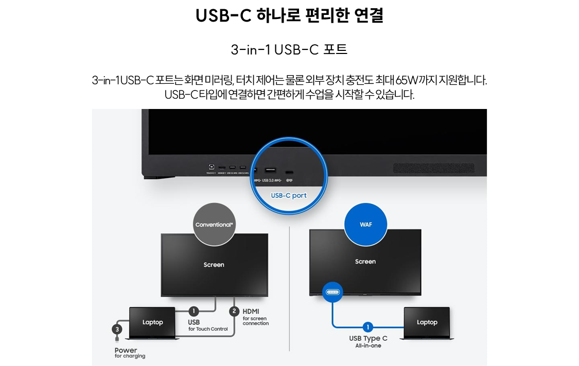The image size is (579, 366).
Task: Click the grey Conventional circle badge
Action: coord(214,225)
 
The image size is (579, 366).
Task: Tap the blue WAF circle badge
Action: coord(365,225)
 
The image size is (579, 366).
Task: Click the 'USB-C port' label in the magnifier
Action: coord(289,195)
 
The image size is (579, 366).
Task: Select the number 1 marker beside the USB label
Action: coord(194,311)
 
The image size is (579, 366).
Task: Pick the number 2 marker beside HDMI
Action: coord(234,311)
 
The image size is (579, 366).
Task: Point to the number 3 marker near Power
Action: coord(117,329)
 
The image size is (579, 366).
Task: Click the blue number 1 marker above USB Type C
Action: coord(367,327)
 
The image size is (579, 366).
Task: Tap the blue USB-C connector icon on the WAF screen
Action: coord(332,292)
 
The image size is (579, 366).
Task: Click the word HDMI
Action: coord(251,312)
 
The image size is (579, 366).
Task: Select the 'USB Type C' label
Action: coord(368,338)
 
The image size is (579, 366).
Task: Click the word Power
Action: coord(126,350)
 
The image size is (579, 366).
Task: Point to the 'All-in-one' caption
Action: coord(368,346)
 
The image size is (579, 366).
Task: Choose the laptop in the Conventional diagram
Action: coord(152,322)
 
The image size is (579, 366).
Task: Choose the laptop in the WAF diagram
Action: coord(427,322)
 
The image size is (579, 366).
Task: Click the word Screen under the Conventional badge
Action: coord(214,265)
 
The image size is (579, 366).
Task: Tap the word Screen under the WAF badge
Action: coord(365,262)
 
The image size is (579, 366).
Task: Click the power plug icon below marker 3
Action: coord(117,339)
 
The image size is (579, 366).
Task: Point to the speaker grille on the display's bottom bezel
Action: coord(433,168)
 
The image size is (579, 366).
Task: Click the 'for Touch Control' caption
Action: coord(208,329)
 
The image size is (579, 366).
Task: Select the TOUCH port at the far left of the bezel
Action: coord(211,168)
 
